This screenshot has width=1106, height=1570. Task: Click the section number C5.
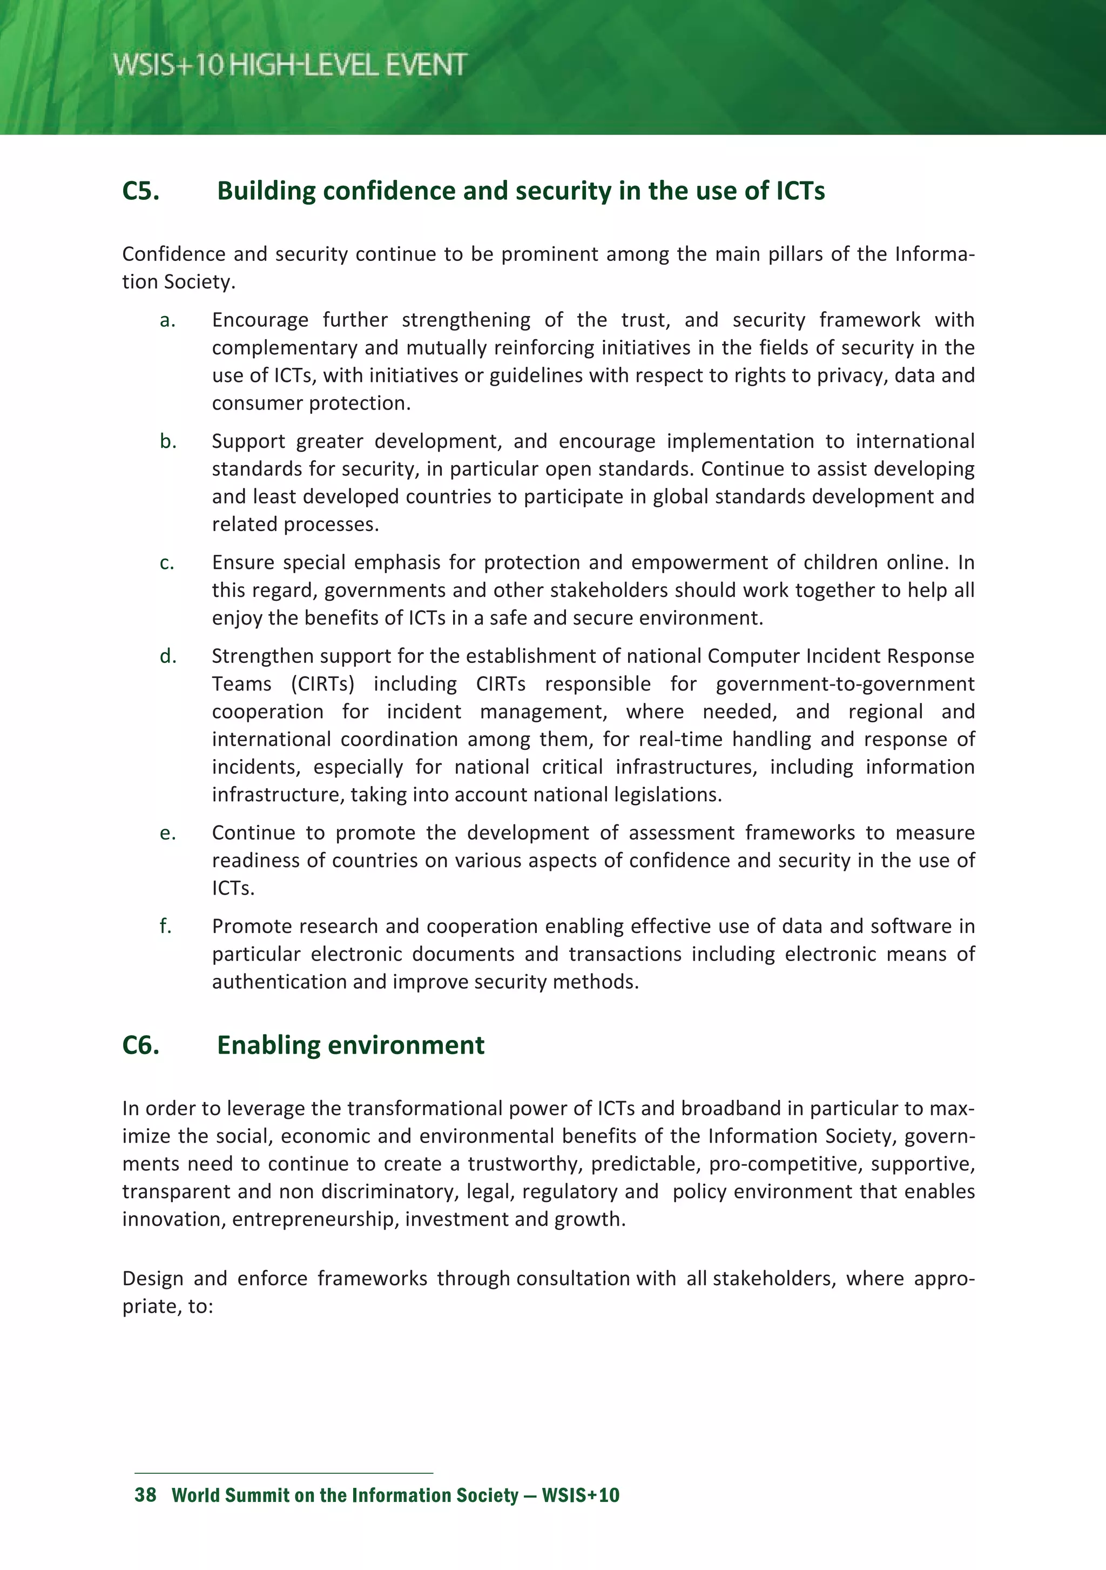tap(141, 191)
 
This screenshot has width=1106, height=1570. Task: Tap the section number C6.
tap(141, 1045)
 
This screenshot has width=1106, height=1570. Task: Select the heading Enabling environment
tap(350, 1045)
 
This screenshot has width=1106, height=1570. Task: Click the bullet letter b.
tap(167, 441)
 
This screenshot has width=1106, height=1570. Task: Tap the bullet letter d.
tap(167, 656)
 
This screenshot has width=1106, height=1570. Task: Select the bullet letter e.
tap(167, 833)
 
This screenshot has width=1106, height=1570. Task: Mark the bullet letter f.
tap(165, 926)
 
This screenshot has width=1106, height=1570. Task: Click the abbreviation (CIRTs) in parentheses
tap(322, 684)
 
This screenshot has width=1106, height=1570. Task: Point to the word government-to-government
tap(845, 684)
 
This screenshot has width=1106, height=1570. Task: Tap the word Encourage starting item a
tap(260, 320)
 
